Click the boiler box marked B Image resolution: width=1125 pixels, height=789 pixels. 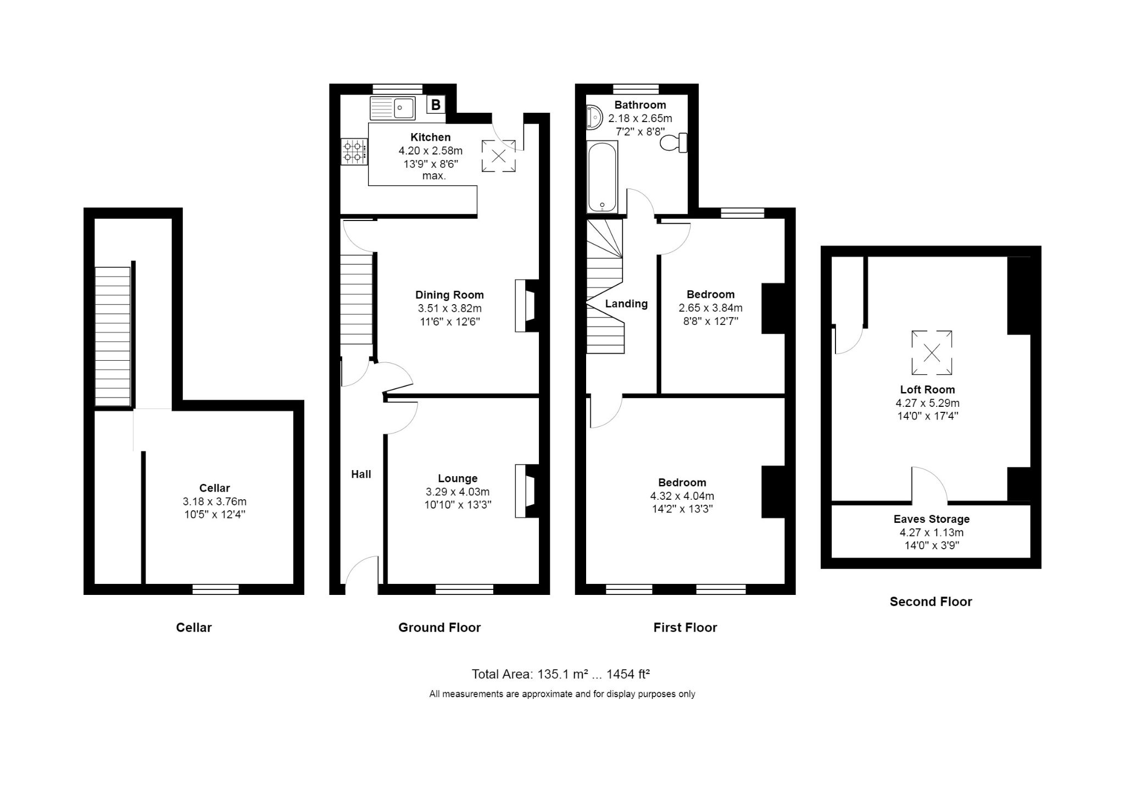tap(436, 104)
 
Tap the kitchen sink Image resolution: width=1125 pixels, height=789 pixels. tap(393, 108)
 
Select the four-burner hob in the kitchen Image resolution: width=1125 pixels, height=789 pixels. tap(354, 152)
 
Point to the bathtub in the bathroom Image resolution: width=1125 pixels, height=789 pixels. tap(603, 177)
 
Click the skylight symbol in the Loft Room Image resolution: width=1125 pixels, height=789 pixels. tap(932, 352)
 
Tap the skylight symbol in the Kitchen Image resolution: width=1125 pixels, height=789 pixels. tap(499, 156)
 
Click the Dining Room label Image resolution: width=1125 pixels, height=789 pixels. tap(449, 295)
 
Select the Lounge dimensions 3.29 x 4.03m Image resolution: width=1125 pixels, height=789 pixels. tap(458, 492)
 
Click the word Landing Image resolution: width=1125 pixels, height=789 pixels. tap(626, 304)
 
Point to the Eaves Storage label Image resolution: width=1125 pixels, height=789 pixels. tap(932, 519)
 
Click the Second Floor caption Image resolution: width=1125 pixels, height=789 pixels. tap(931, 602)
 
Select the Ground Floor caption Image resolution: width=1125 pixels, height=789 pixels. tap(439, 627)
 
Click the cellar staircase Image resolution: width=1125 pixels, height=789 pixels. tap(113, 336)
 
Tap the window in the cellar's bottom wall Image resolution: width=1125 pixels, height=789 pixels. tap(216, 589)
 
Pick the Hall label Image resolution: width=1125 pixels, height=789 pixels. tap(361, 474)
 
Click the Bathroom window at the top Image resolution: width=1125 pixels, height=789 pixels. tap(636, 89)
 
